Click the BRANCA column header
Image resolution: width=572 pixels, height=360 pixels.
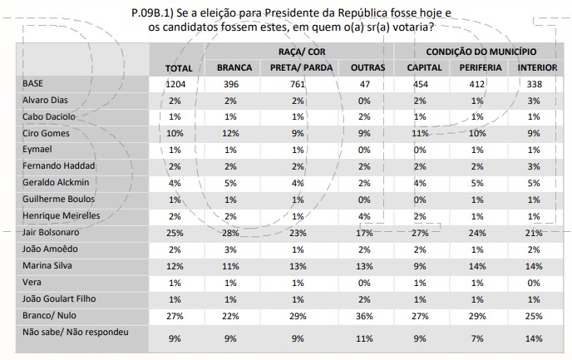click(x=234, y=67)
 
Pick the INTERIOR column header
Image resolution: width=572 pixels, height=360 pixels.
click(x=536, y=67)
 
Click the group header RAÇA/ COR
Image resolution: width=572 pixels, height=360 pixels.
click(x=296, y=52)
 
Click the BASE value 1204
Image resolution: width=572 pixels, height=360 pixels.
click(x=178, y=84)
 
